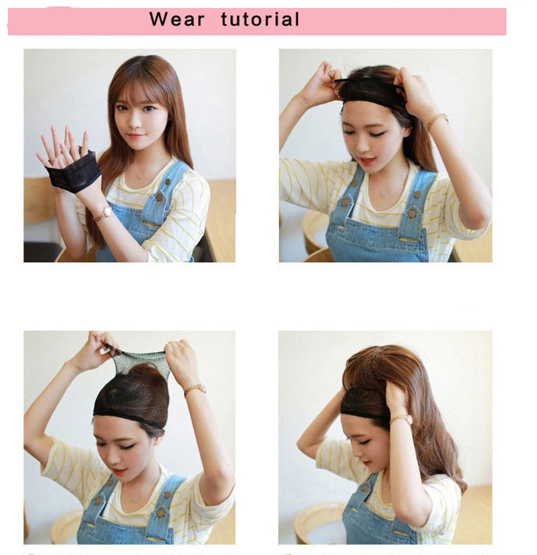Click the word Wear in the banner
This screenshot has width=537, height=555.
pos(176,19)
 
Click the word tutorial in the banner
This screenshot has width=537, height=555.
pos(260,19)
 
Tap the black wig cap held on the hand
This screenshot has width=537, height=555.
pos(73,175)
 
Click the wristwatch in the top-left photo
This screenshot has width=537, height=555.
pos(103,213)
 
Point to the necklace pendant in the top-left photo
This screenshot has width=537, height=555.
pos(138,176)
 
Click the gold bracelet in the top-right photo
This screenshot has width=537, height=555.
pos(436,120)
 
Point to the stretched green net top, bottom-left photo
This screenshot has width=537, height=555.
pos(140,359)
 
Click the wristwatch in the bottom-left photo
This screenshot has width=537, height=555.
pos(195,389)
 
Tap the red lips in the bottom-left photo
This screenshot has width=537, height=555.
pos(118,471)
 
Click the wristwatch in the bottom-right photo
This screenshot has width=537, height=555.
pos(401,419)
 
